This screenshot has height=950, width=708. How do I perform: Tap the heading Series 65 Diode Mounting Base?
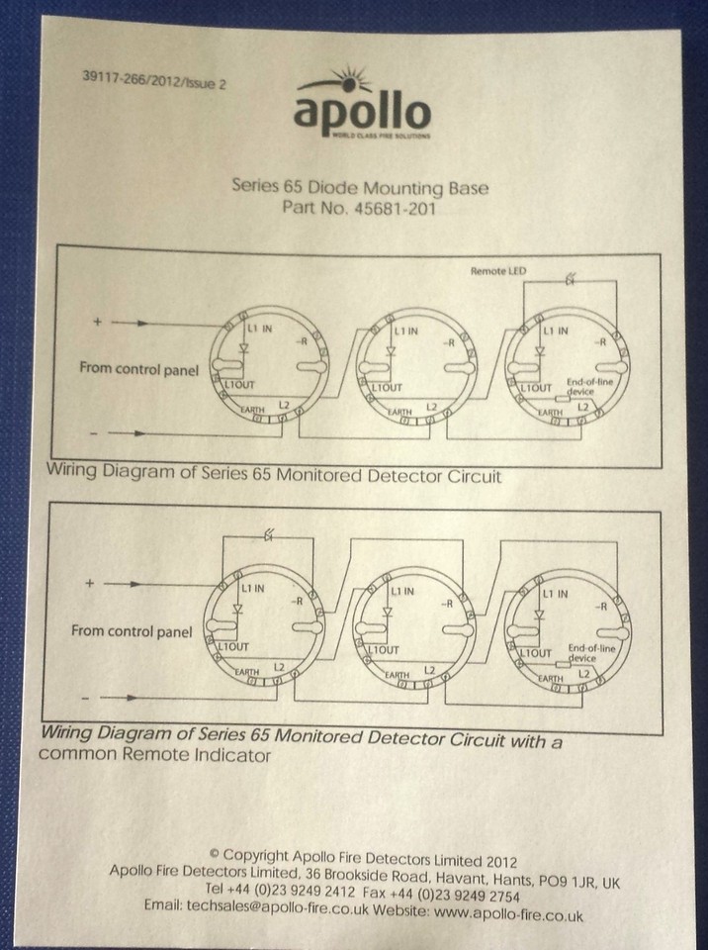359,185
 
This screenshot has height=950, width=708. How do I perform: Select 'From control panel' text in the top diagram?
138,369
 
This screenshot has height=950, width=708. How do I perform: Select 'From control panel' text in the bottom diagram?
132,630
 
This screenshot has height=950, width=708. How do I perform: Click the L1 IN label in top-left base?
260,328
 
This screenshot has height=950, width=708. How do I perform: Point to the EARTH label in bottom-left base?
247,672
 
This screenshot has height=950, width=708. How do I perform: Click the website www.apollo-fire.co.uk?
505,906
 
